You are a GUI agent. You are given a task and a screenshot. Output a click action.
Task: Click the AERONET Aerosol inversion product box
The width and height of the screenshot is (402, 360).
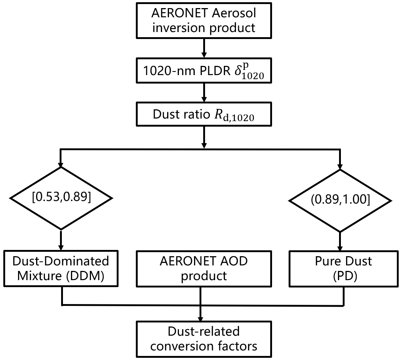tap(204, 21)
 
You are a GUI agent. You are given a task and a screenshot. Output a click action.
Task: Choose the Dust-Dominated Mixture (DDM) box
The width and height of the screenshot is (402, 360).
tap(61, 269)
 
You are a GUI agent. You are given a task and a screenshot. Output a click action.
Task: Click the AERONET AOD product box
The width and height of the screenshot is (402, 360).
tap(204, 269)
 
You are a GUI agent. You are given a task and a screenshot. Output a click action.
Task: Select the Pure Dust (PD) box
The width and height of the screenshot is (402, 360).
tap(343, 269)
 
